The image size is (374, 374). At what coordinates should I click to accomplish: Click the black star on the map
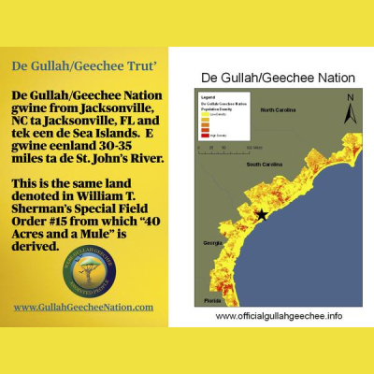(261, 215)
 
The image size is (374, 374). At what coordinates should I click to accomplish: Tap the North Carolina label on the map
(280, 110)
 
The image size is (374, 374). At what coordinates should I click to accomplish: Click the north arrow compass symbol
(350, 109)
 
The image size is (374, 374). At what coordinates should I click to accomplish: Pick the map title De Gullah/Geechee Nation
(272, 78)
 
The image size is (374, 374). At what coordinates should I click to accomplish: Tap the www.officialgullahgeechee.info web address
(278, 316)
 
